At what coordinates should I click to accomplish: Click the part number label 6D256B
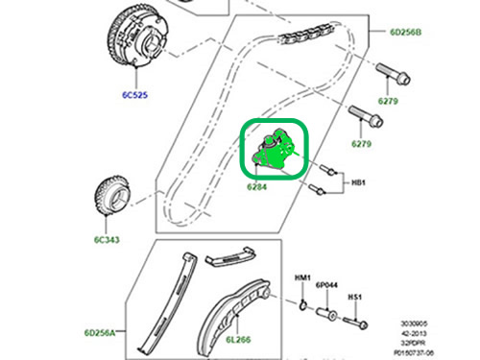click(x=405, y=32)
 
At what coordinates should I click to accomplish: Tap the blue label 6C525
click(x=134, y=95)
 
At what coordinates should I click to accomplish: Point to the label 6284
click(x=257, y=186)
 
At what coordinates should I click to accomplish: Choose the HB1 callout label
click(x=358, y=182)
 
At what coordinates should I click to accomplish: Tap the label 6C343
click(x=107, y=240)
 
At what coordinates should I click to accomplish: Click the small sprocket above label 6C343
click(x=112, y=195)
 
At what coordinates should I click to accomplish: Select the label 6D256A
click(x=100, y=333)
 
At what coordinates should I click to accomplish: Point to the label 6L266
click(x=238, y=340)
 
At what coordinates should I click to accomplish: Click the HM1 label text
click(x=302, y=277)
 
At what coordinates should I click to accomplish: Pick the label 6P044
click(x=326, y=285)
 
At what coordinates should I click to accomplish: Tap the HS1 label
click(x=355, y=297)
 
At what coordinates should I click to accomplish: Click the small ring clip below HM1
click(x=303, y=305)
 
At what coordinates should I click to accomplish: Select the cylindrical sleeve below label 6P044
click(x=326, y=313)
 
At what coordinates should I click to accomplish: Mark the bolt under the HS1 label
click(x=355, y=323)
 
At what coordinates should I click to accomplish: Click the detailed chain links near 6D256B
click(x=306, y=34)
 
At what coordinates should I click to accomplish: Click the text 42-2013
click(x=414, y=333)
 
